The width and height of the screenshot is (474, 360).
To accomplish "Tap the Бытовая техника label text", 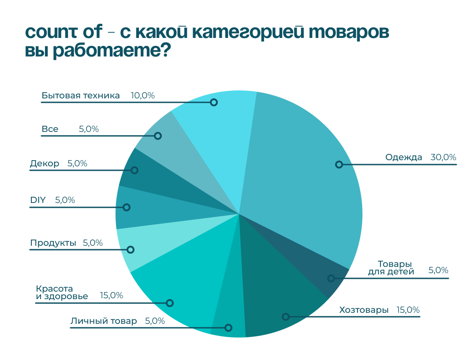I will (81, 95).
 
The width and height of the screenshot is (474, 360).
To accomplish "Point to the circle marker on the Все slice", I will (158, 136).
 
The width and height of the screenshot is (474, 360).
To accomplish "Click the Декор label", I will (45, 164).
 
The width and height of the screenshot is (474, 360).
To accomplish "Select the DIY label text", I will (38, 200).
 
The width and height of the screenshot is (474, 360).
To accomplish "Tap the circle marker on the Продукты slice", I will (131, 250).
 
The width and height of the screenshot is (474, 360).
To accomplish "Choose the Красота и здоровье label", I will (62, 292).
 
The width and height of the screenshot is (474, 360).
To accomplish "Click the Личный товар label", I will (104, 321).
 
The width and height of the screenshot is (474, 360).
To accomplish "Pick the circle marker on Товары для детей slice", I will (331, 278).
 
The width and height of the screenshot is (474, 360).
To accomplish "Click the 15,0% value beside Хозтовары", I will (408, 310).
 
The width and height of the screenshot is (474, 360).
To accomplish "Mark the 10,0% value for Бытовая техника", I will (143, 95).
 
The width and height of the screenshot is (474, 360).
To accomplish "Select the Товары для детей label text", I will (391, 268).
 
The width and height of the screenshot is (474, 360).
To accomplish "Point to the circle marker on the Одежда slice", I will (339, 165).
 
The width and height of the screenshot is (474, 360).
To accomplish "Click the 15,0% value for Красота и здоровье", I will (112, 295).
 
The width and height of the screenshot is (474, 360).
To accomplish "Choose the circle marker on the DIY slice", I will (127, 207).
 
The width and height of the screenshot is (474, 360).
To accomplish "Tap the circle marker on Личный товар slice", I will (228, 328).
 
